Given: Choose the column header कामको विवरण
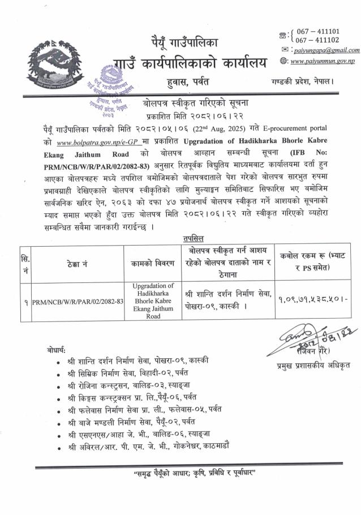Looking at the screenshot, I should pyautogui.click(x=153, y=262).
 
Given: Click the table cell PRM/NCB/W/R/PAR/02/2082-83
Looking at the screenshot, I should pyautogui.click(x=79, y=302).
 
